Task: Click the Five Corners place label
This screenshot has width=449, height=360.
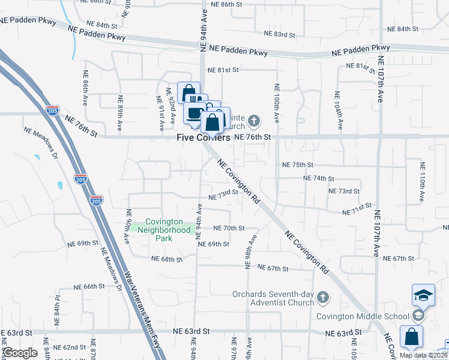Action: [203, 137]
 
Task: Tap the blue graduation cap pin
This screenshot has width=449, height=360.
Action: [423, 295]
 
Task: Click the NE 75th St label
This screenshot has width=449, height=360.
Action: [298, 165]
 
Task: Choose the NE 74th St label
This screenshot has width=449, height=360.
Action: [318, 179]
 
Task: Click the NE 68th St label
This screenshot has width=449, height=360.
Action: [166, 259]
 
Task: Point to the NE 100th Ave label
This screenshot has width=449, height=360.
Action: [277, 103]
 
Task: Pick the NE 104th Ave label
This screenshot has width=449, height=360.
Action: [340, 112]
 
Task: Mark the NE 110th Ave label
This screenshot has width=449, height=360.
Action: [422, 181]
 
